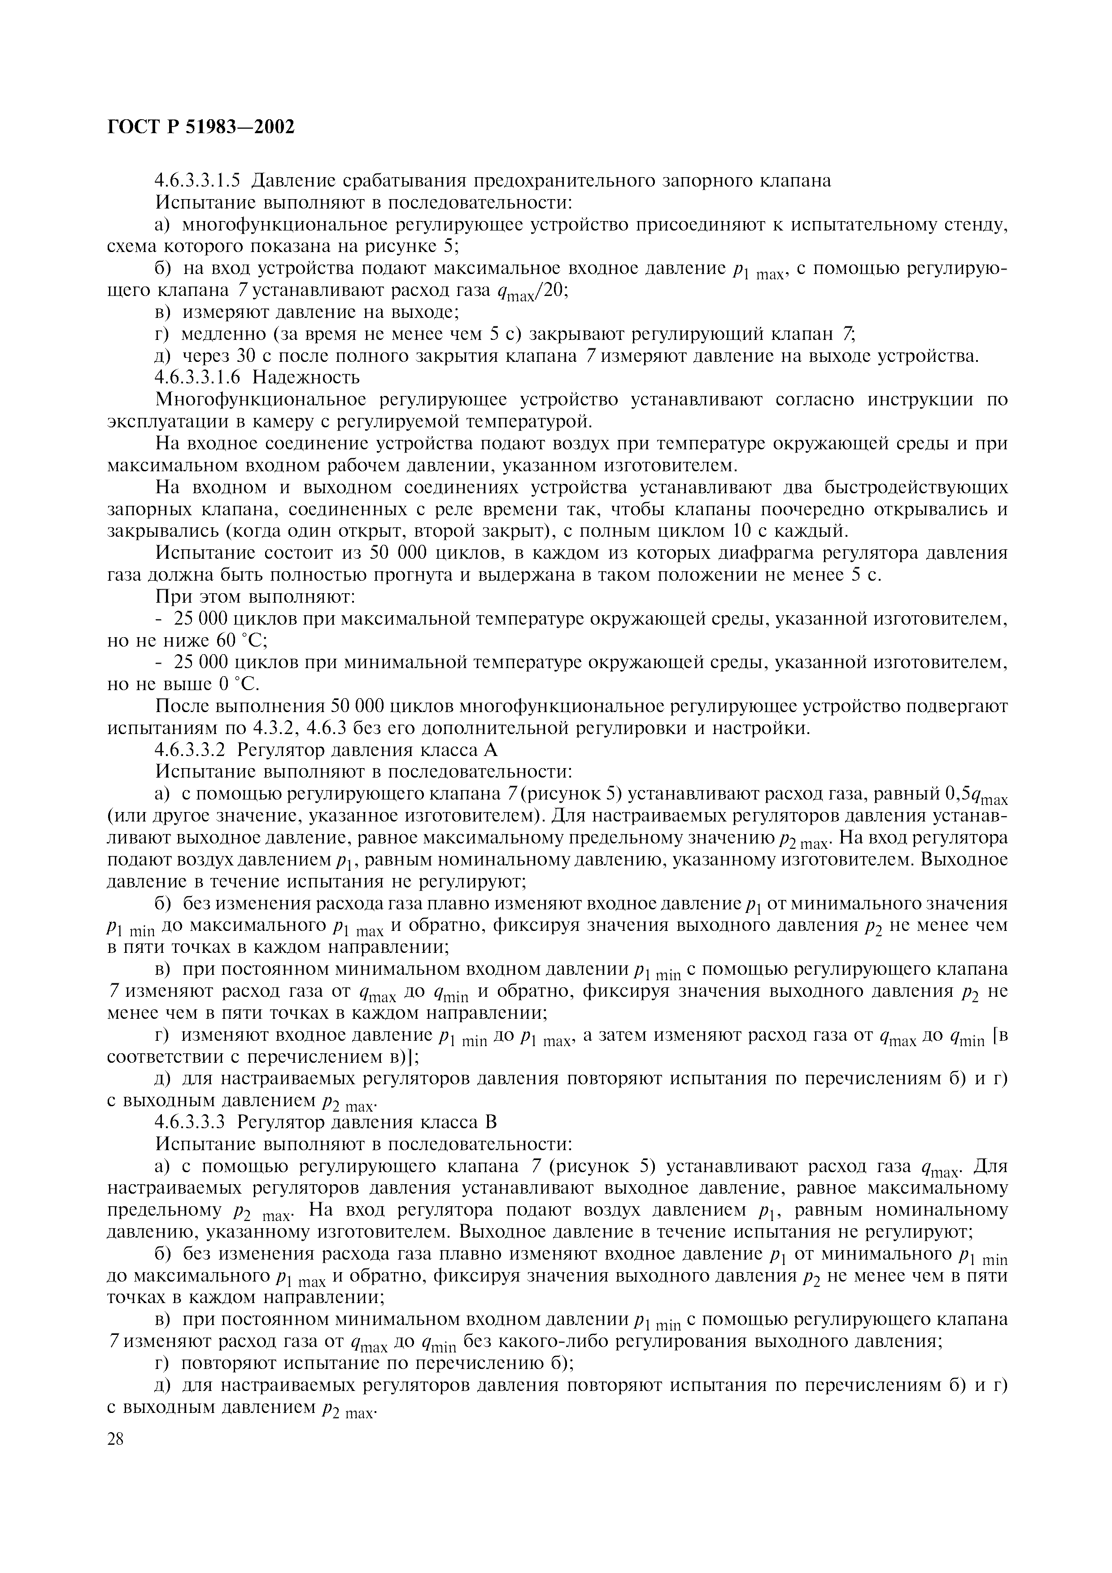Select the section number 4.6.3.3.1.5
tap(199, 181)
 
